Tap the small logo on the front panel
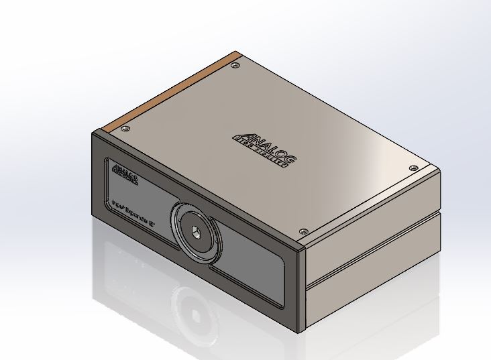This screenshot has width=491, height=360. [125, 174]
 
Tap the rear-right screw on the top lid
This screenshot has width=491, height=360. [413, 167]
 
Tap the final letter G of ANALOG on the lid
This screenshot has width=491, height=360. [290, 162]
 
